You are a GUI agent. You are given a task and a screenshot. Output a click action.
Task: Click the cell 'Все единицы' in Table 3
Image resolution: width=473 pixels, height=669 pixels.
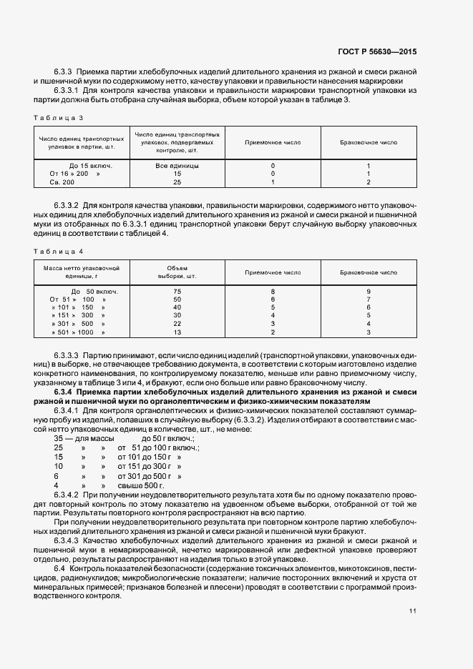click(x=177, y=165)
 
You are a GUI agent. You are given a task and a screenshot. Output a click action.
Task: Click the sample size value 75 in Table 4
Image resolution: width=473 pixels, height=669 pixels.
click(x=177, y=292)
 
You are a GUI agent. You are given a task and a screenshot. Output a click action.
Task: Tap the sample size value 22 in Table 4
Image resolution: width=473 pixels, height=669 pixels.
click(x=177, y=324)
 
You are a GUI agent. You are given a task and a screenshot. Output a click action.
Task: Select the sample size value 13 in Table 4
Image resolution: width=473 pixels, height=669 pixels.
click(x=177, y=332)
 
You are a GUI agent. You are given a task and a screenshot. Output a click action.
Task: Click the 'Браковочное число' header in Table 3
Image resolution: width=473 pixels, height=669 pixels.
click(x=368, y=142)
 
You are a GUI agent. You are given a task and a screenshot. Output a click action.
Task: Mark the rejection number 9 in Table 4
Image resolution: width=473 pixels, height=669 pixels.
click(x=368, y=292)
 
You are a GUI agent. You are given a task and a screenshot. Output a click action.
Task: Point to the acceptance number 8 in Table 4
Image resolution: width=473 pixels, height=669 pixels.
click(x=273, y=292)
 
